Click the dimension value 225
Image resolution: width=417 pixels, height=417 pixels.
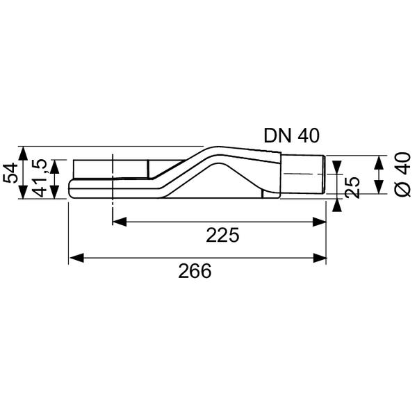222,236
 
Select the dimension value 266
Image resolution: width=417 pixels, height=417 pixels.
194,271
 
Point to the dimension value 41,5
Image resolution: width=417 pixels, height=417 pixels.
40,179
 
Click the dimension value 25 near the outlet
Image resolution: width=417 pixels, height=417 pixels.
353,186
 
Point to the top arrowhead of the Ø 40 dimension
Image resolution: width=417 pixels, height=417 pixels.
377,161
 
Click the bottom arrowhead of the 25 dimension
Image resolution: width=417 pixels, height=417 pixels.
337,204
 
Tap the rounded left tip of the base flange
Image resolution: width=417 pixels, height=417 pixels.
71,188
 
